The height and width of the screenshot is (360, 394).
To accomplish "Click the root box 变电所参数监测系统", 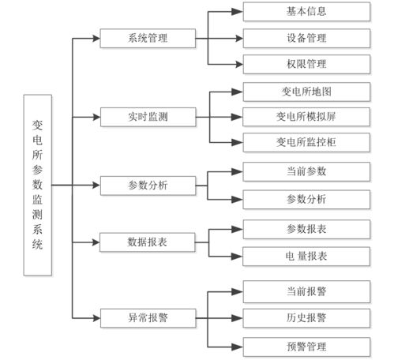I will pos(38,185).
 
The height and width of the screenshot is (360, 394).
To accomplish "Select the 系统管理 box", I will pos(148,38).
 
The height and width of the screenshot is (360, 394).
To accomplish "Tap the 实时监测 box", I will pos(148,117).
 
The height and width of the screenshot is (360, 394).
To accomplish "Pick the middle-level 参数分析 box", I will pos(148,186).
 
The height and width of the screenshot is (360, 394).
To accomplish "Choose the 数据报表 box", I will pos(148,240).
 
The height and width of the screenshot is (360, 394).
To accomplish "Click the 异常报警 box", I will pos(148,318).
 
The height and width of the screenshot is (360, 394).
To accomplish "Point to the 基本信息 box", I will pos(306,12).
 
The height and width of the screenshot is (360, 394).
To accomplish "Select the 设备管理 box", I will pos(306,38).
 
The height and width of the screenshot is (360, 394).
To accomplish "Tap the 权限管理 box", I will pos(306,64).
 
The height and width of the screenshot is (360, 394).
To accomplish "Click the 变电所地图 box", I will pos(306,91).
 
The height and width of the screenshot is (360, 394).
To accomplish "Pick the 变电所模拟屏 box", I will pos(306,117).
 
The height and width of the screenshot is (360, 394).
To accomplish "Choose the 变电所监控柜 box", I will pos(306,143).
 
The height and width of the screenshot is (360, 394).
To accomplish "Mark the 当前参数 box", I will pos(306,171).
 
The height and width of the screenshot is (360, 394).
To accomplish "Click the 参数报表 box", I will pos(306,228).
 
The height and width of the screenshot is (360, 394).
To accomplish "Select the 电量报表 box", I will pos(306,256).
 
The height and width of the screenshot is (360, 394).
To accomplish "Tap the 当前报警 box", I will pos(306,291).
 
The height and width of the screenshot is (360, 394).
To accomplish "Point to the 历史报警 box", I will pos(306,318).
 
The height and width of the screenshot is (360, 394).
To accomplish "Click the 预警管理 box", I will pos(306,346).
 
